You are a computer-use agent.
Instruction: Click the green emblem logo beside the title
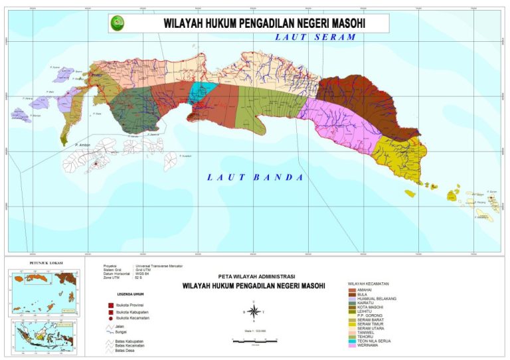[120, 23]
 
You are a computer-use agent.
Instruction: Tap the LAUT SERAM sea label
[315, 38]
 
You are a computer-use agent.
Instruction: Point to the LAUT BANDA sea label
[255, 177]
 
